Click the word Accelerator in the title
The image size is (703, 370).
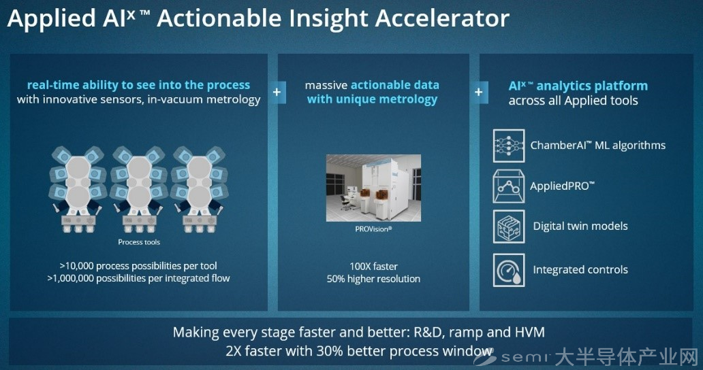click(442, 18)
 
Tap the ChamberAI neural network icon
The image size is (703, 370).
click(509, 146)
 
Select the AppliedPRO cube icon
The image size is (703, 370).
click(509, 186)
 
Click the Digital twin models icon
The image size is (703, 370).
click(509, 227)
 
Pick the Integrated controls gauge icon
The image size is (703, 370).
click(509, 270)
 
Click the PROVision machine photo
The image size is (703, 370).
click(373, 188)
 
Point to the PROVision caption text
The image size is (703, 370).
click(373, 229)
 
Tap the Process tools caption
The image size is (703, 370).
click(139, 242)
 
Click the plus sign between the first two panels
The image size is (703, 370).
click(277, 92)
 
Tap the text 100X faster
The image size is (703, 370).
click(373, 267)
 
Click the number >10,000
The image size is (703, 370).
click(77, 266)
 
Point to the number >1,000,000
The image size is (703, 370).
click(69, 278)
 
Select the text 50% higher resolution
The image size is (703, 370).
click(373, 279)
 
